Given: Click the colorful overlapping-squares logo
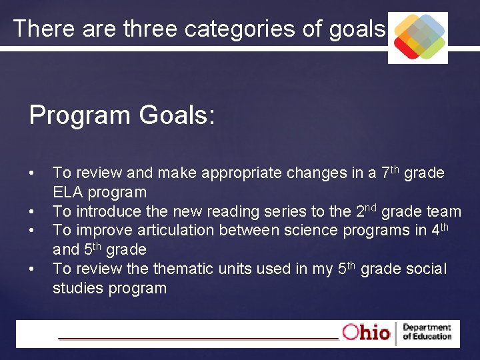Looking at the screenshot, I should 418,37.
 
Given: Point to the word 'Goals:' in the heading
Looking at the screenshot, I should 177,115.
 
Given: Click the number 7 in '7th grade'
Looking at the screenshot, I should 385,174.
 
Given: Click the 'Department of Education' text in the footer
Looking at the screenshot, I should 427,332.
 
